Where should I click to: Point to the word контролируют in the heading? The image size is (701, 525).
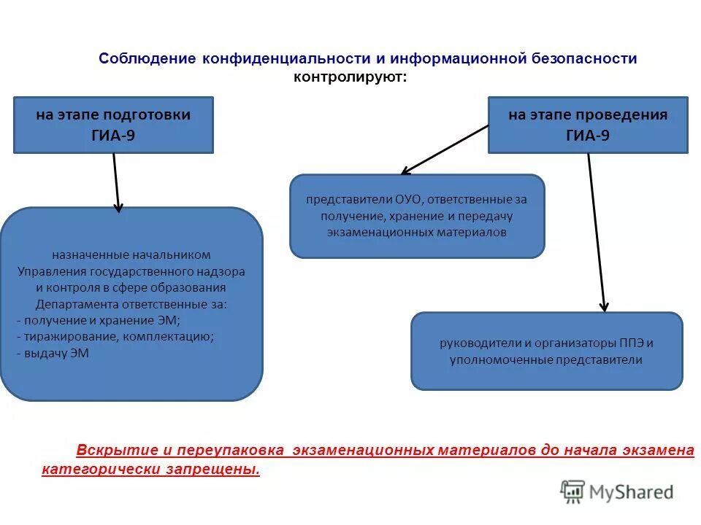coord(349,77)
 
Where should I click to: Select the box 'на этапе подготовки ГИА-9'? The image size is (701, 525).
coord(113,125)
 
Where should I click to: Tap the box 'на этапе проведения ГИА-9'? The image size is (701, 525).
coord(587,125)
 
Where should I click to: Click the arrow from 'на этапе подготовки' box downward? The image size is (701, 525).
coord(116,182)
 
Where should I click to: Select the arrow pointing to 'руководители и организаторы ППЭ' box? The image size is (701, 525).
coord(597,233)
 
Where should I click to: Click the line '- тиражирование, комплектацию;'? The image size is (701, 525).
coord(115,336)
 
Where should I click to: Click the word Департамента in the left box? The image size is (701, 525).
coord(69,304)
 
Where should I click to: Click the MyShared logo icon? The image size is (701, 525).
coord(572,491)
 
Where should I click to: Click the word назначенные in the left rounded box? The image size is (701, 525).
coord(91,255)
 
